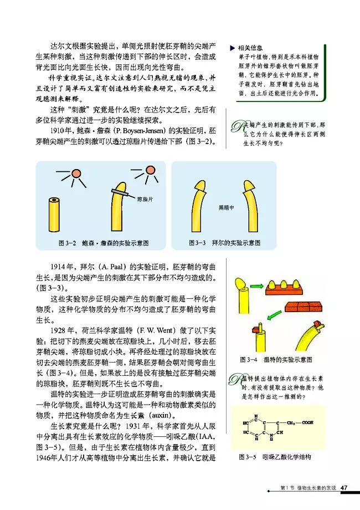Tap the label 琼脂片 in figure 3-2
coord(144,198)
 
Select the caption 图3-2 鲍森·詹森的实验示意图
coord(103,243)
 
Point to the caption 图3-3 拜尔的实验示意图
coord(224,243)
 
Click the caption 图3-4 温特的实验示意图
coord(276,360)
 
